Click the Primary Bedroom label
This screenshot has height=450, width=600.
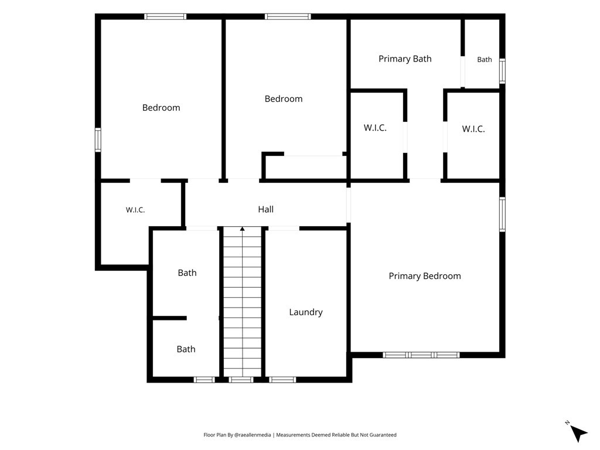point(425,276)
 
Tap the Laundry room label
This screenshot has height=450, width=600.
point(306,312)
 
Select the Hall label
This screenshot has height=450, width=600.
point(265,209)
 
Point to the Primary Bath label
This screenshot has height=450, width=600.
point(405,59)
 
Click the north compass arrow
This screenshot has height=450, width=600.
point(579,434)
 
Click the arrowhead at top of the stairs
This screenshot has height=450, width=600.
point(242,229)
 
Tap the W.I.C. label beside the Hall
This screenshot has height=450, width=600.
point(135,210)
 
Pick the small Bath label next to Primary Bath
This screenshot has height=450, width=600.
point(485,60)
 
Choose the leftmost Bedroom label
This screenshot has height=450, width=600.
point(161,108)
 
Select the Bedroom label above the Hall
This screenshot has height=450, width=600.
point(284,98)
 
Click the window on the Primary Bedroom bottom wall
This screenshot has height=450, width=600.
point(421,355)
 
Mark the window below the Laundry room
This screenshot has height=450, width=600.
point(282,380)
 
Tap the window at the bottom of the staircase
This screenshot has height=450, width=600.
point(241,380)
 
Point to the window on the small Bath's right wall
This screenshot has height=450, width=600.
point(502,71)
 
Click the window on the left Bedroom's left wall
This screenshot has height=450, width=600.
point(98,139)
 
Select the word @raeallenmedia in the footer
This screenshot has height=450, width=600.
point(252,435)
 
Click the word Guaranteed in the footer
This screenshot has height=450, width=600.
point(384,435)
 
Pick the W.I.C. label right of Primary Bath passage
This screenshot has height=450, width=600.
point(473,129)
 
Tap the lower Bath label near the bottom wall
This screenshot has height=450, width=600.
point(186,349)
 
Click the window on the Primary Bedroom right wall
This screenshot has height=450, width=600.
point(502,214)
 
